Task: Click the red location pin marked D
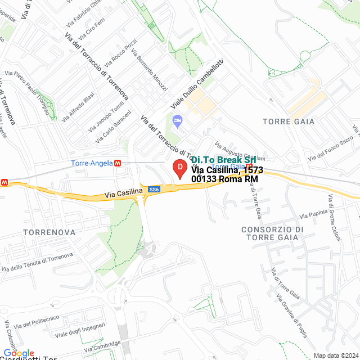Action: [x=179, y=168]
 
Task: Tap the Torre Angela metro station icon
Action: [x=118, y=163]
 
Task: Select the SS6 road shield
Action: [x=154, y=190]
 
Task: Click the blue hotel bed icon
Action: [x=178, y=120]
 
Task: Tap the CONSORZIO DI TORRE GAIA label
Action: [x=272, y=233]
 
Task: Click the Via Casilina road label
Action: [x=123, y=193]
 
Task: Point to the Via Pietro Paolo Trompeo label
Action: [x=28, y=90]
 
